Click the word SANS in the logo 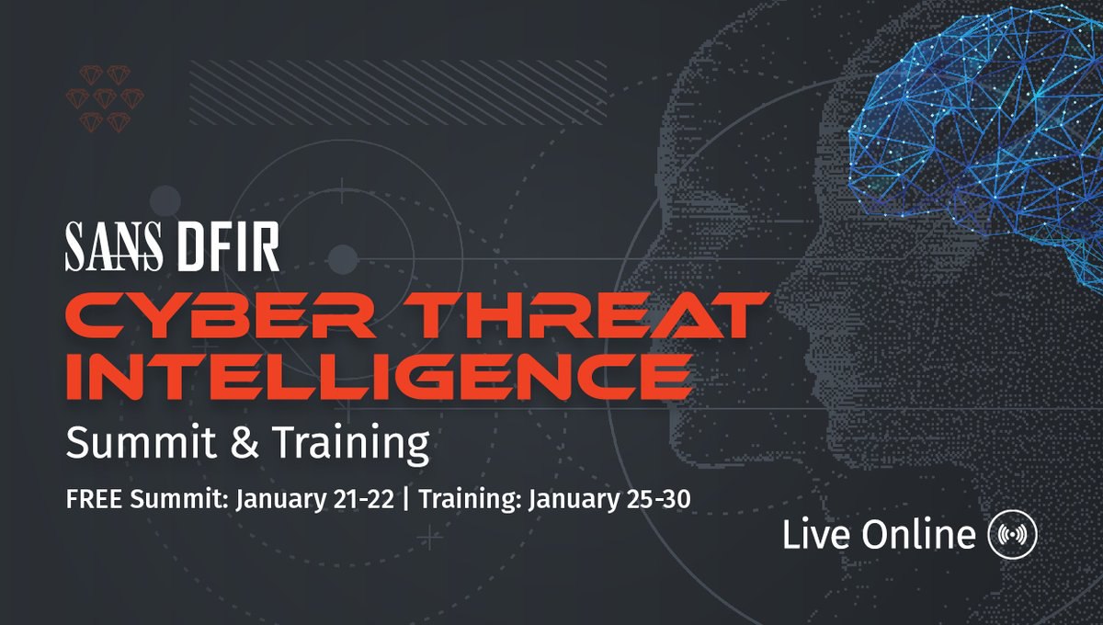coord(114,246)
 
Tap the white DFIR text coord(229,246)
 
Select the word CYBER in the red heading coord(220,315)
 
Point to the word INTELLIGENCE coord(380,375)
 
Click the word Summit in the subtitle coord(141,442)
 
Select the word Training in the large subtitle coord(350,444)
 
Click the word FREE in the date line coord(94,499)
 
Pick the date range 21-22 coord(363,499)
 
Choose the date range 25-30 coord(659,499)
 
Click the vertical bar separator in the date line coord(405,499)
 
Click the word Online coord(918,534)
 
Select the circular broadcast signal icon coord(1012,534)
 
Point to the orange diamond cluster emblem coord(105,98)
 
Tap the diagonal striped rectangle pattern coord(398,92)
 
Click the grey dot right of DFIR coord(343,259)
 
